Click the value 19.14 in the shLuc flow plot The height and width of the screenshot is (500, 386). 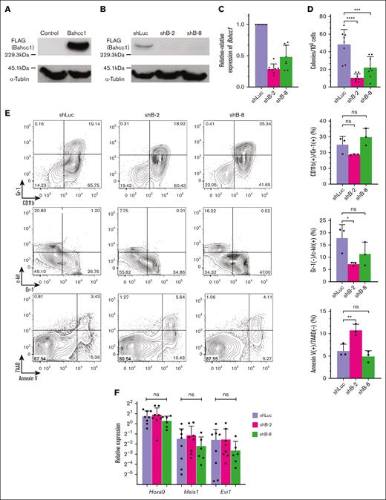tap(94, 122)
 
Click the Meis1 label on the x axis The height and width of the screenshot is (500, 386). tap(191, 492)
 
